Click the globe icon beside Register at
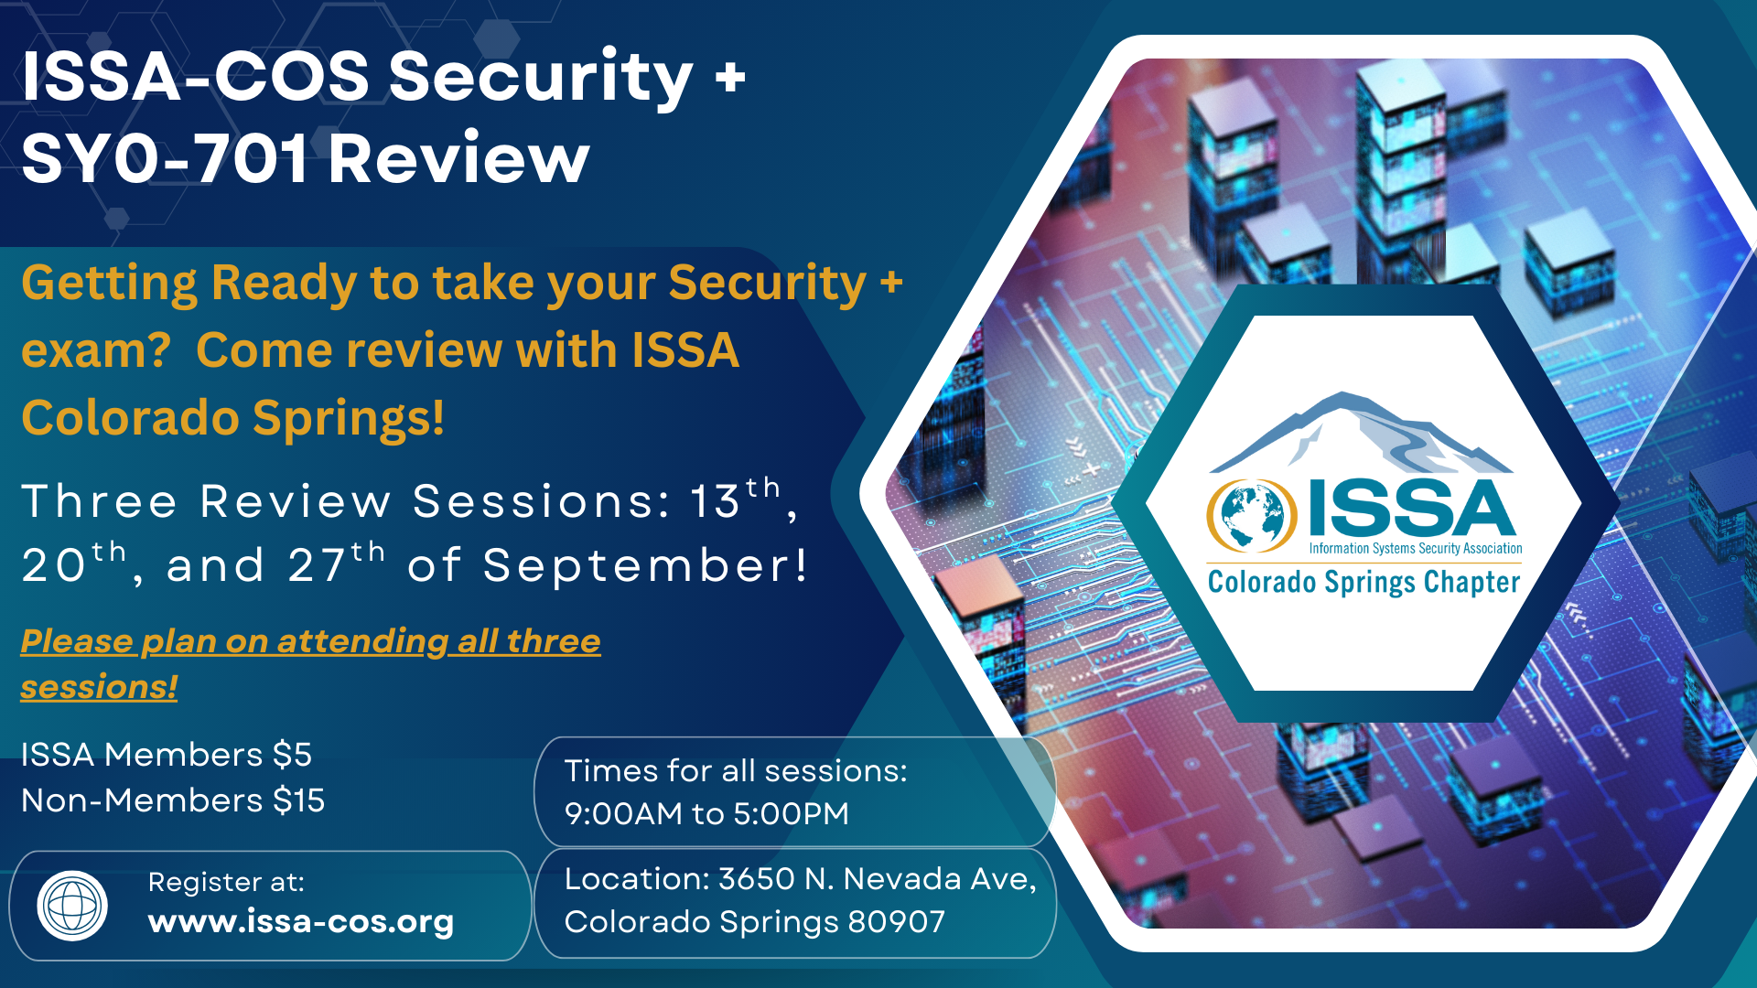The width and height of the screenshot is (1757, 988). (x=72, y=906)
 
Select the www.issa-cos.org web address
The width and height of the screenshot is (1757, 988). (x=301, y=922)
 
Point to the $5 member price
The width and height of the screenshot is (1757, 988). (x=293, y=755)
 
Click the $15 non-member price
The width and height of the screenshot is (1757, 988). (x=299, y=800)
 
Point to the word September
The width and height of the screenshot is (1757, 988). (x=645, y=566)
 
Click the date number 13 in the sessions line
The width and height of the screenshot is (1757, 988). (x=715, y=501)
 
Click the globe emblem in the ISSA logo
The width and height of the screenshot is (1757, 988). (x=1252, y=516)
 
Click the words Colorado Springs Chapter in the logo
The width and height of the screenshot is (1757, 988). (x=1364, y=583)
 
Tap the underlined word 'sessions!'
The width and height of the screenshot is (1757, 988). (x=99, y=687)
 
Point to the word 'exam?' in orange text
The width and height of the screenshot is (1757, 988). (x=96, y=352)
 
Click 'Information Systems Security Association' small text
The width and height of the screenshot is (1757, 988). (x=1416, y=549)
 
